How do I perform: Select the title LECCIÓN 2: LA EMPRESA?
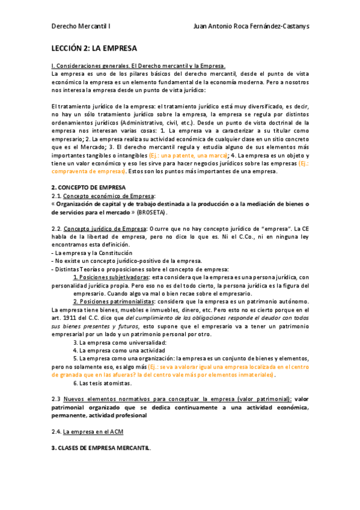click(94, 48)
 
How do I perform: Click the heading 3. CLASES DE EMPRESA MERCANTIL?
click(102, 447)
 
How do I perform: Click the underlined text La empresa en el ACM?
click(93, 431)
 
